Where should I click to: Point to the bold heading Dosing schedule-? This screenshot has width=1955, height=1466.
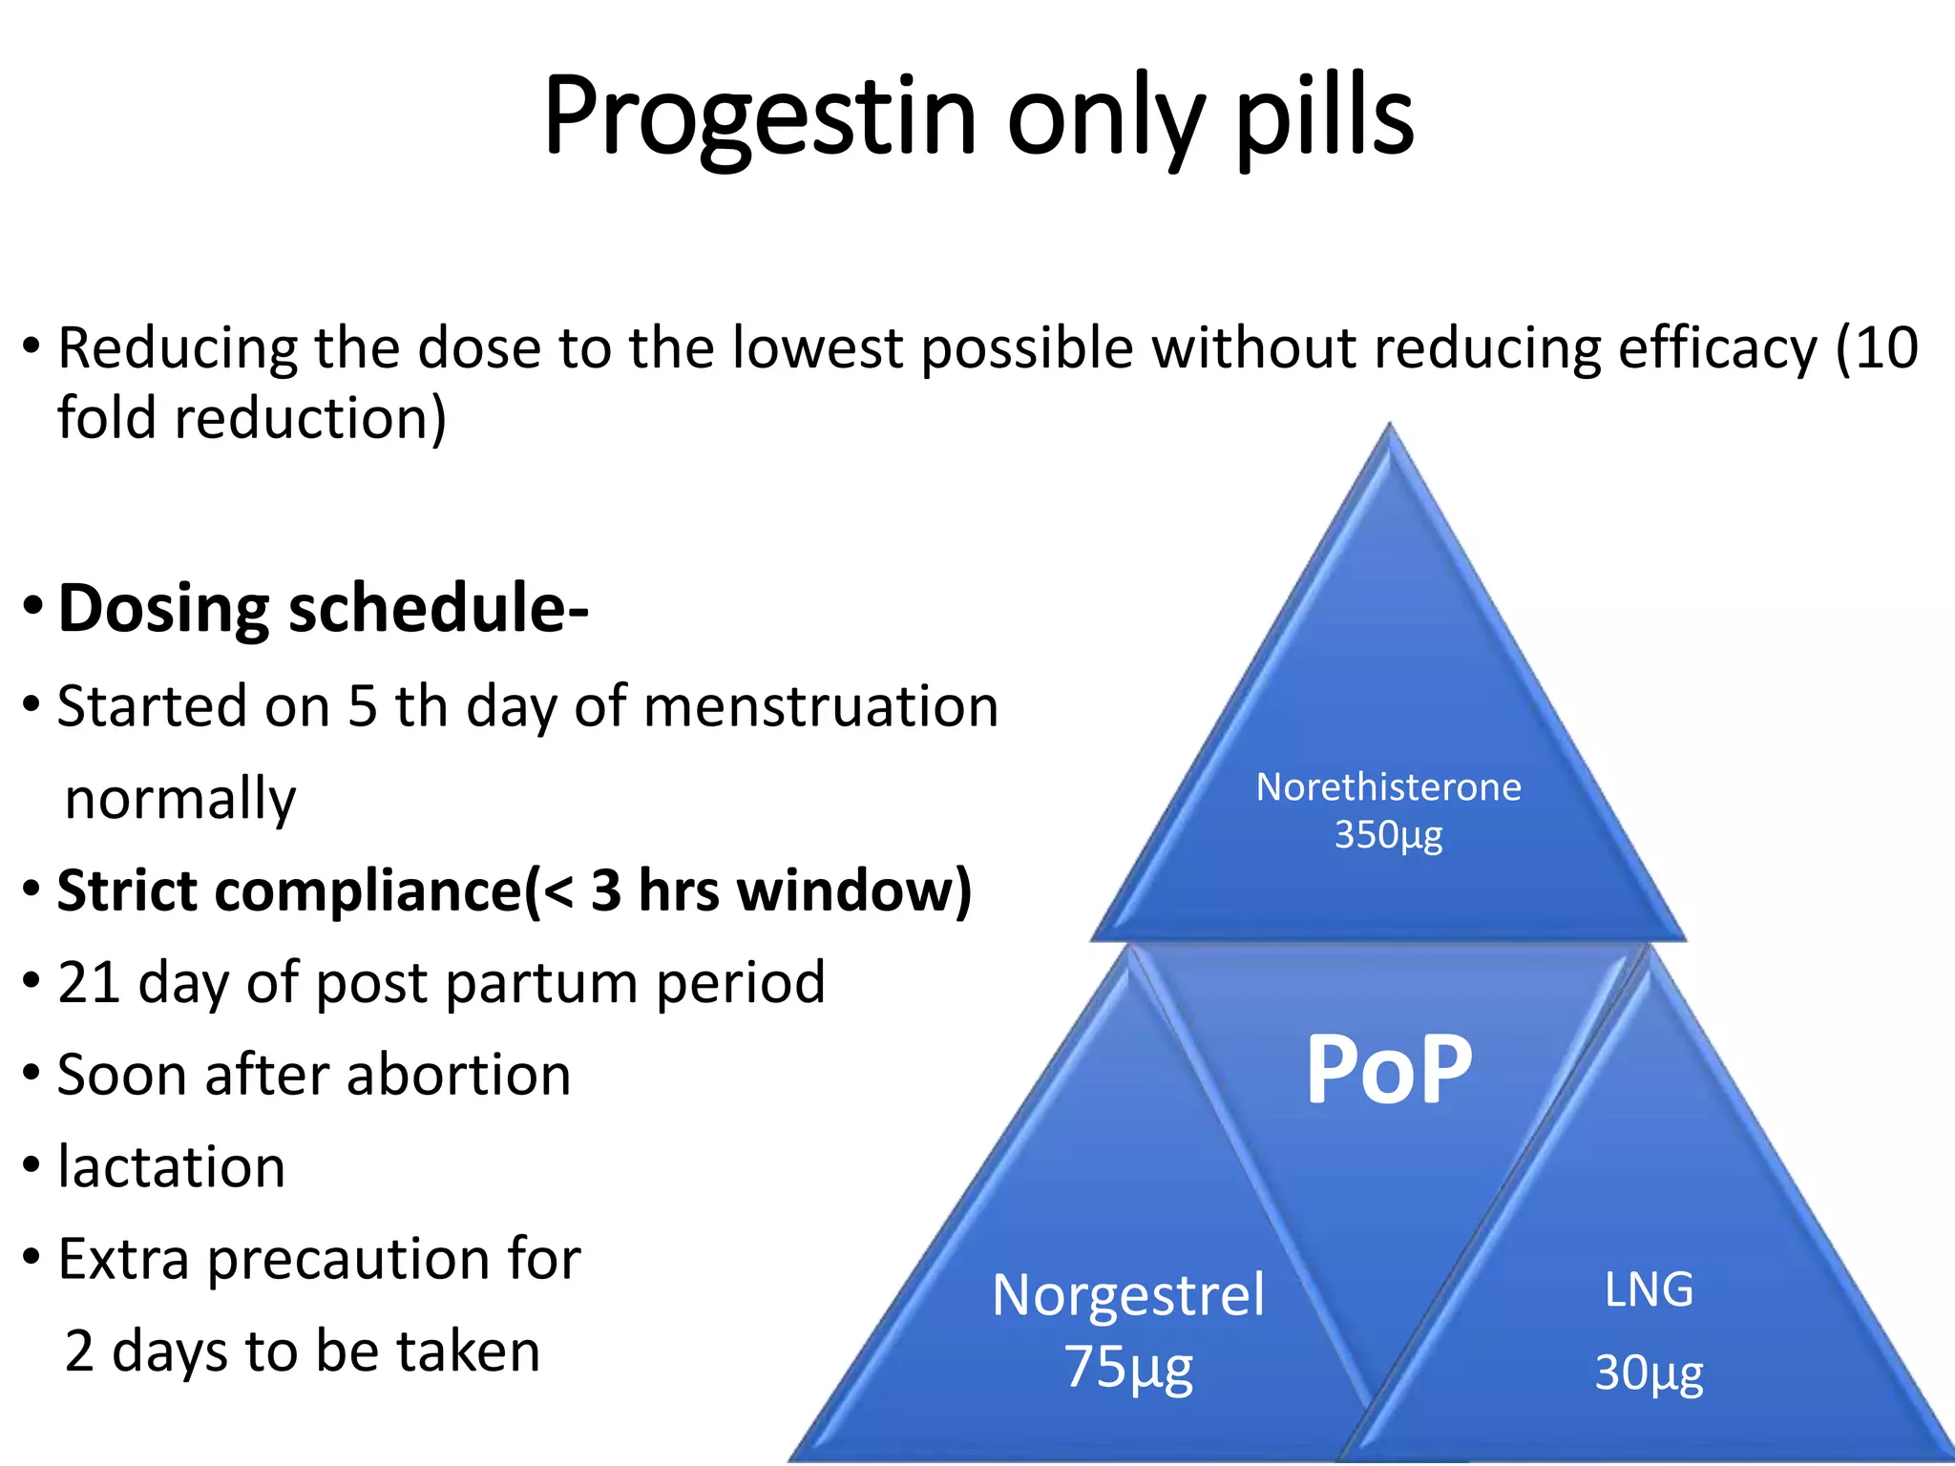coord(323,609)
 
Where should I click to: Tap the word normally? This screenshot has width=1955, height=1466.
coord(180,799)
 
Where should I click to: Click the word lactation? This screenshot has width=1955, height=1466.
coord(172,1167)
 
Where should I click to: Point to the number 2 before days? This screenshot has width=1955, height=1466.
coord(79,1351)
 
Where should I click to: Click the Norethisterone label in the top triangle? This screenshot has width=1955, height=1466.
coord(1388,787)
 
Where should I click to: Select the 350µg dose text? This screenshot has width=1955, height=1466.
coord(1388,835)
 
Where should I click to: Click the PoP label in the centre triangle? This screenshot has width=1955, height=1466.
coord(1388,1071)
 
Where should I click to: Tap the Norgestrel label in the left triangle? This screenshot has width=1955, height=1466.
coord(1128,1295)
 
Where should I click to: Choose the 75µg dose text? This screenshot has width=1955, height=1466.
coord(1128,1367)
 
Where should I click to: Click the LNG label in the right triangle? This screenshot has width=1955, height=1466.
coord(1649,1290)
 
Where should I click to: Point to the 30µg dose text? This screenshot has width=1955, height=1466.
coord(1649,1373)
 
